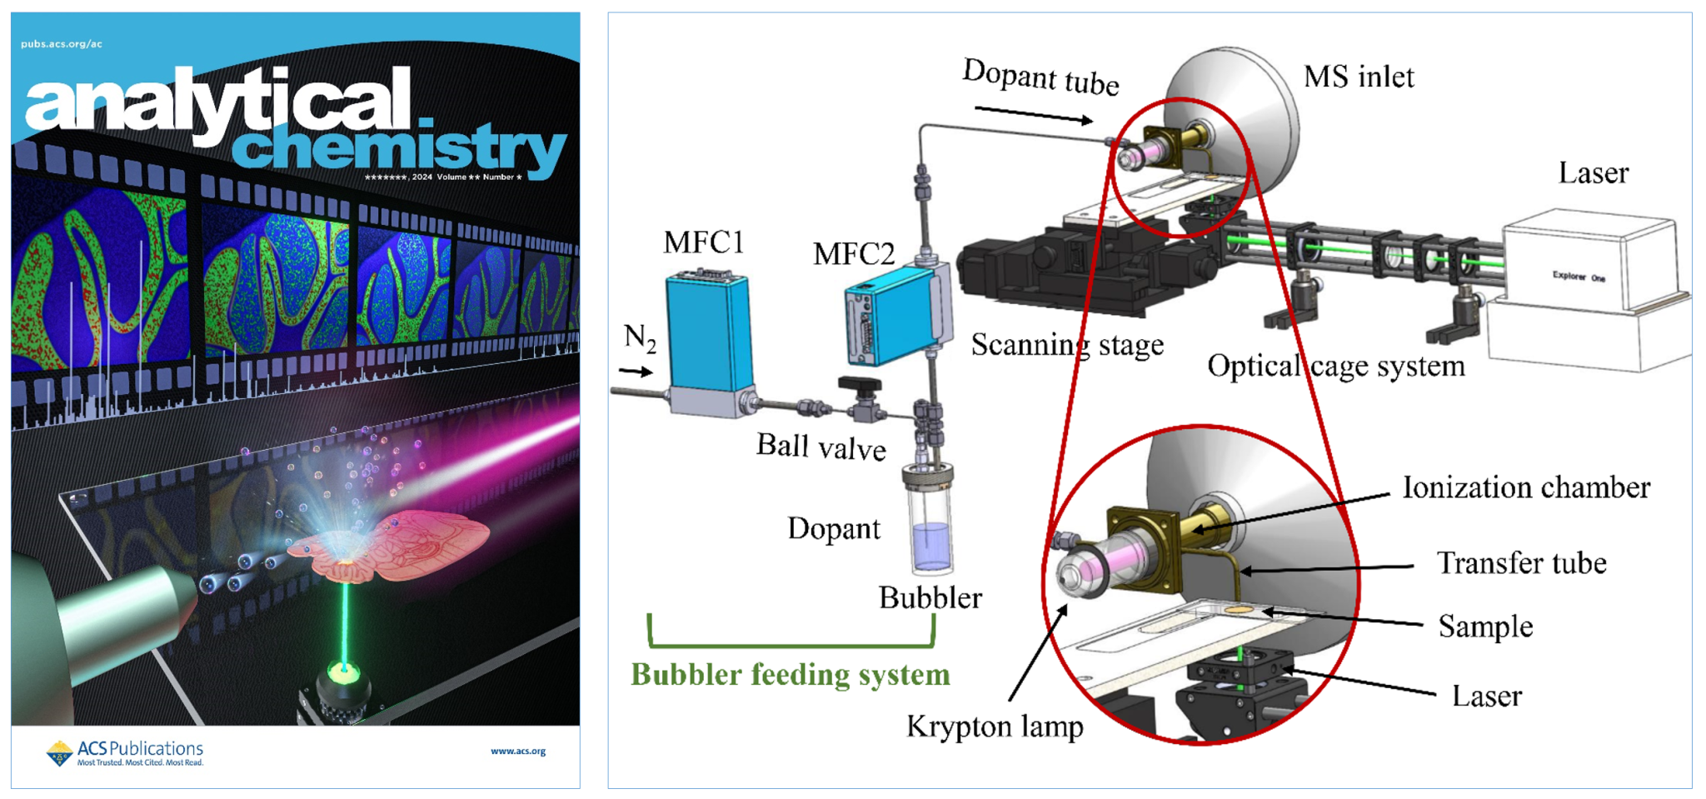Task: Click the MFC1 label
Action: pos(703,242)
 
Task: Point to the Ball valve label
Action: pos(821,447)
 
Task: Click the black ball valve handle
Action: pos(860,385)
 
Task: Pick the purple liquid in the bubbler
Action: pos(930,545)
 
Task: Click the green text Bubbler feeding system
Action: pos(790,674)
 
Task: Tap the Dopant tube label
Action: pos(1040,77)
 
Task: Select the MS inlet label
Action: pos(1359,77)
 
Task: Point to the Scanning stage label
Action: pos(1067,345)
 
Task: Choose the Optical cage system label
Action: pos(1335,366)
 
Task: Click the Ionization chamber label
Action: pos(1526,487)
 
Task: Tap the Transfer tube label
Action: pos(1521,563)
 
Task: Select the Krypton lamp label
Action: pos(995,727)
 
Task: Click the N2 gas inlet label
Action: pos(640,337)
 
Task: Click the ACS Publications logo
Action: pos(125,752)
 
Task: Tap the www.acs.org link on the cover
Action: pos(517,751)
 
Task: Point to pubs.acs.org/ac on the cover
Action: pos(62,44)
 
